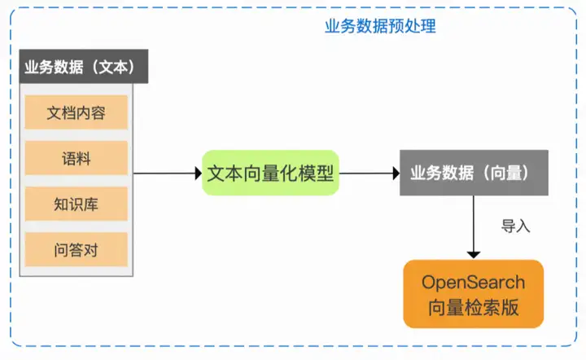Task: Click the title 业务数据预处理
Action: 380,26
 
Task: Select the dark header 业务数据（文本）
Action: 84,66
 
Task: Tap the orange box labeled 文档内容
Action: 77,112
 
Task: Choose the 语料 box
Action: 77,158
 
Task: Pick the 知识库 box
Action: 77,204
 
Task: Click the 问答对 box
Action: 77,250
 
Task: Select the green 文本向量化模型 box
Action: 270,173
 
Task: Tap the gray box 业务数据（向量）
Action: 474,173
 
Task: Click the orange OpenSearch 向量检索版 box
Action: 474,294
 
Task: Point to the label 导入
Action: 516,226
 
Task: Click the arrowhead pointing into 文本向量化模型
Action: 199,173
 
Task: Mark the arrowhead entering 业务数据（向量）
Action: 396,173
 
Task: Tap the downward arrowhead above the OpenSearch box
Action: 474,255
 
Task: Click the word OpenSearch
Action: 474,283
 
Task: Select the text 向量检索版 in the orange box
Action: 474,308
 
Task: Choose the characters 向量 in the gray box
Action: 505,173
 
